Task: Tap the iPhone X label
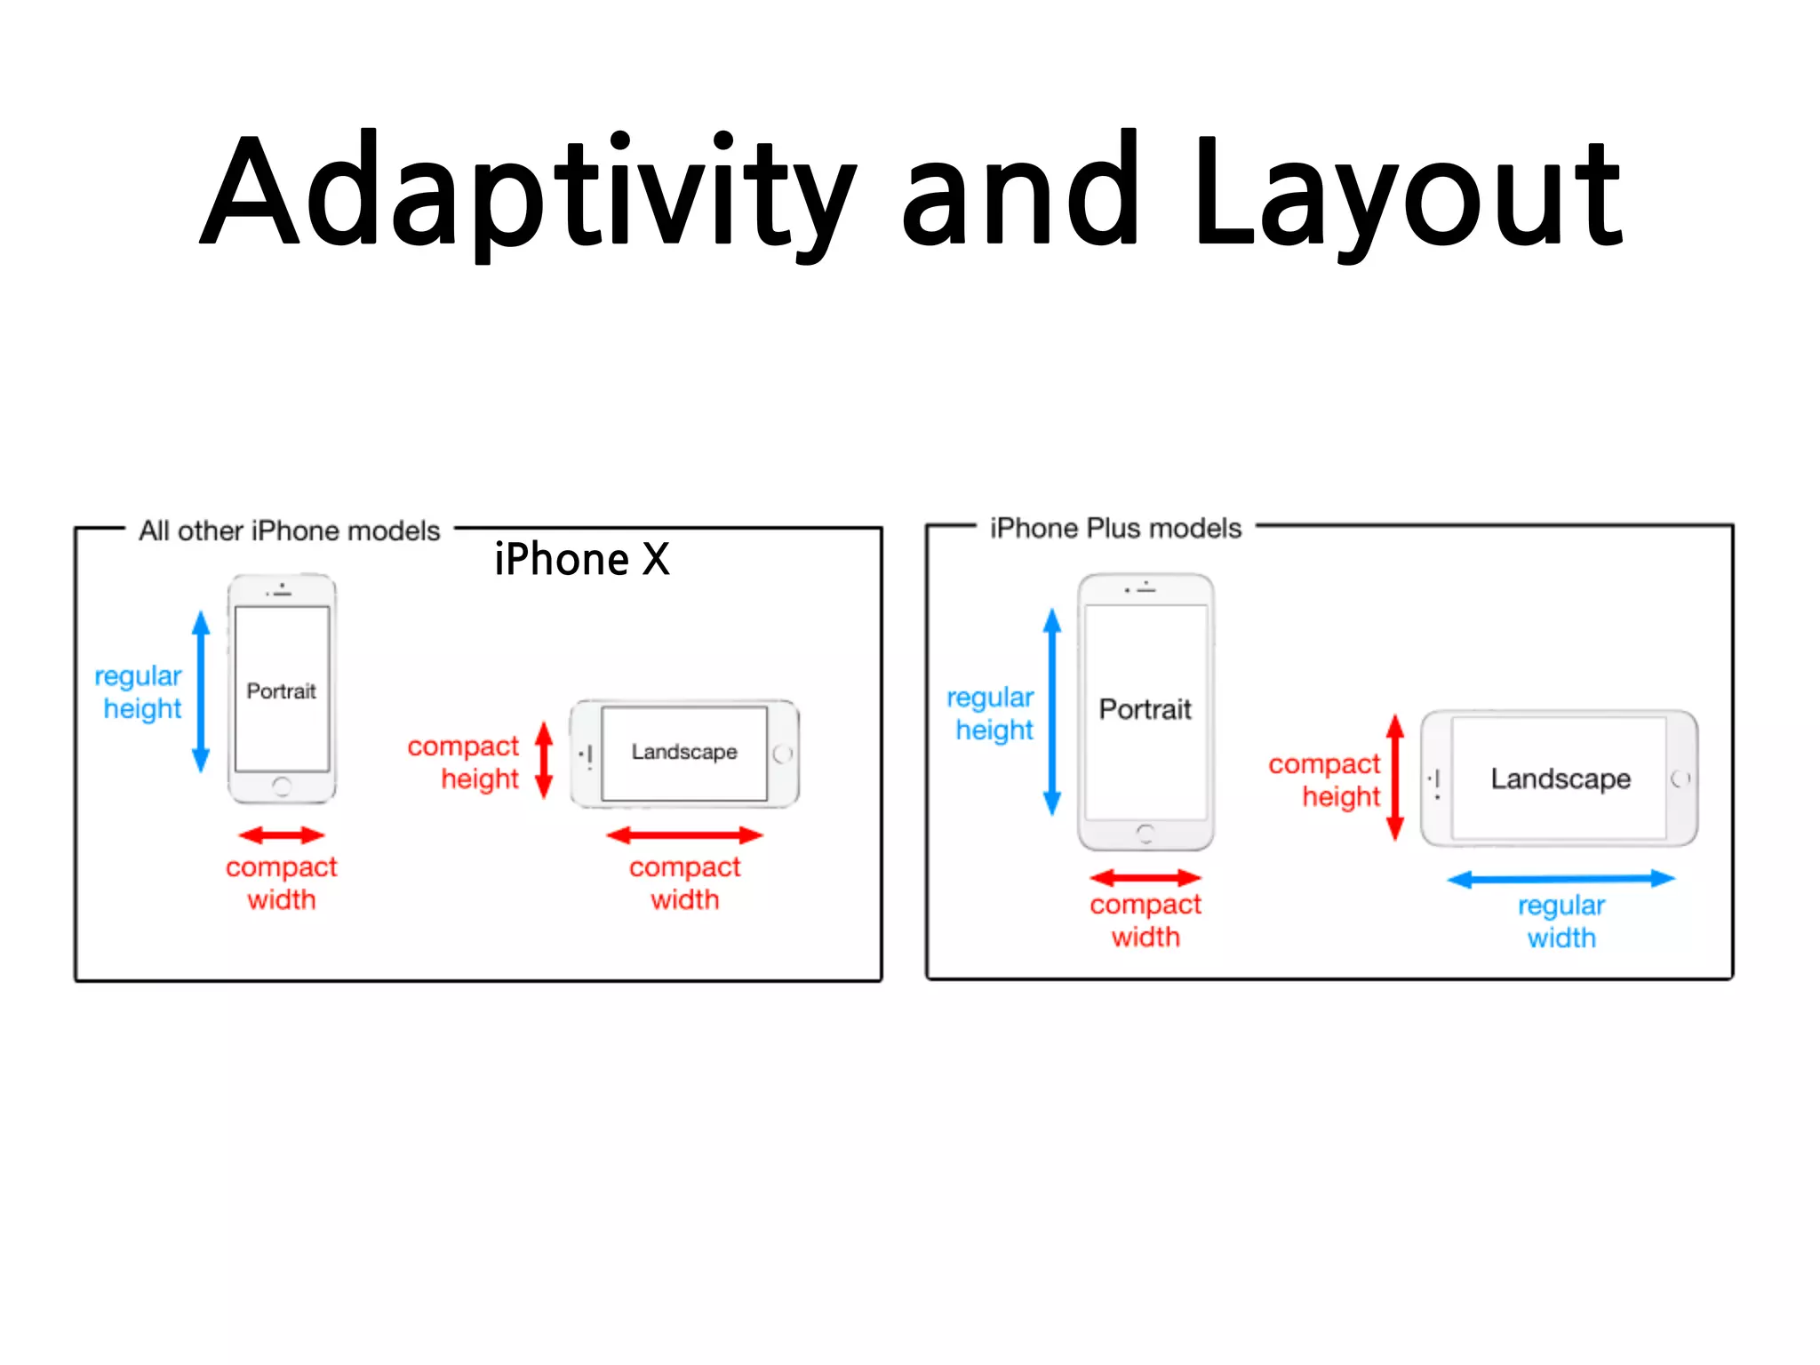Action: coord(582,560)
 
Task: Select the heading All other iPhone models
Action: coord(289,531)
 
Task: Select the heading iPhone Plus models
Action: coord(1115,528)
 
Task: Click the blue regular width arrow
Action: coord(1561,879)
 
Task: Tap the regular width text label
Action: coord(1561,922)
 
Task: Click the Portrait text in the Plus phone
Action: coord(1145,709)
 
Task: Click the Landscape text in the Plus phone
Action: coord(1561,778)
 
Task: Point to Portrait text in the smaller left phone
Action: coord(281,690)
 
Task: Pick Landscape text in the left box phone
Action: coord(684,752)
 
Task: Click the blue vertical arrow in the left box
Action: coord(202,691)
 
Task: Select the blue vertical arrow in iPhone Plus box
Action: coord(1052,711)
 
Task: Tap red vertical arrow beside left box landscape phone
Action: coord(544,760)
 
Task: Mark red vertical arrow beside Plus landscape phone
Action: coord(1395,778)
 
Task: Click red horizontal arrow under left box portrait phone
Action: coord(282,835)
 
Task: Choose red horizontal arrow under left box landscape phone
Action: coord(684,835)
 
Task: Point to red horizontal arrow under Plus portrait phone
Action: coord(1145,878)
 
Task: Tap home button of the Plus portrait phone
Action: coord(1145,833)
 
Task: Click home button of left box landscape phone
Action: coord(782,754)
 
